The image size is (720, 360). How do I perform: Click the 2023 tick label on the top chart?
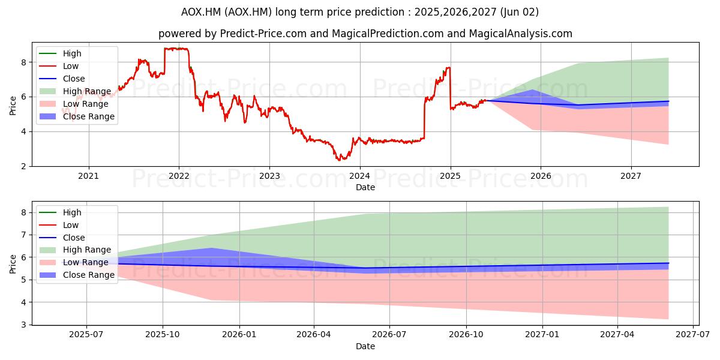[269, 176]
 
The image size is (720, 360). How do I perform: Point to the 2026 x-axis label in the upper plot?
[541, 176]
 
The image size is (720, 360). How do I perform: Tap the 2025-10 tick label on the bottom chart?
[163, 335]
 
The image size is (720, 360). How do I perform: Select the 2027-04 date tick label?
[617, 335]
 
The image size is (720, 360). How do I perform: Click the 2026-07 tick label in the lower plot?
[389, 335]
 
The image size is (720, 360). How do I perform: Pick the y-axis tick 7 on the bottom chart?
[24, 235]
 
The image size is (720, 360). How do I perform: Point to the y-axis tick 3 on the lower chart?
[24, 325]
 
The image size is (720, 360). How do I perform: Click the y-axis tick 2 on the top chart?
[24, 167]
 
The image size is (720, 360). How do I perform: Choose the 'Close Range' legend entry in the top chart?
[77, 116]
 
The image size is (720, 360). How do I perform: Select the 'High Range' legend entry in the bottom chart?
[76, 250]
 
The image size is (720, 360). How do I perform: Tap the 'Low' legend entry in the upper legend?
[59, 66]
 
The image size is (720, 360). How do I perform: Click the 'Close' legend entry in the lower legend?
[62, 238]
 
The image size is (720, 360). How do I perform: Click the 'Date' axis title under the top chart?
[365, 187]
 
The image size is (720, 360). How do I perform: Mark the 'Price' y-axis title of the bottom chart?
[13, 264]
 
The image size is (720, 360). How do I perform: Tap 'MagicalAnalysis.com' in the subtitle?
[521, 34]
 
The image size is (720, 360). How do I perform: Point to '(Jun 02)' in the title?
[520, 12]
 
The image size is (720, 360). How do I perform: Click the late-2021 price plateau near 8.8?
[176, 49]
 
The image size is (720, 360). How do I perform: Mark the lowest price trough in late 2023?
[338, 160]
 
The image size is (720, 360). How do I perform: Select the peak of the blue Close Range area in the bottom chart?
[211, 248]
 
